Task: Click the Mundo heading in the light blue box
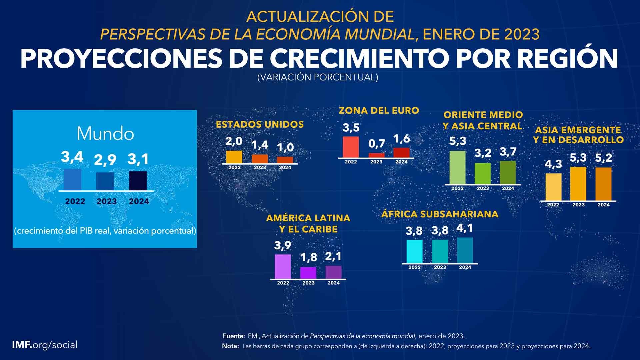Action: tap(105, 134)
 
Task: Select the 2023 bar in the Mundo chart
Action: tap(105, 181)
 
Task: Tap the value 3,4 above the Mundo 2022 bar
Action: tap(72, 157)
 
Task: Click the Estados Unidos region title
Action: tap(260, 125)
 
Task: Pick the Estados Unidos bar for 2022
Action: tap(234, 157)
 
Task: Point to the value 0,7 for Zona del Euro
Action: tap(377, 144)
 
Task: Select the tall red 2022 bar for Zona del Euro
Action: tap(351, 147)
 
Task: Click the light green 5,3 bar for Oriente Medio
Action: tap(457, 167)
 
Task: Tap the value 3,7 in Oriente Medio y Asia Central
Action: tap(508, 152)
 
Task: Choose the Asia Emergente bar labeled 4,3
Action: tap(553, 187)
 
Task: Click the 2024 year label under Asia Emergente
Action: tap(604, 205)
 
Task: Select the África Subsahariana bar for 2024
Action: tap(465, 250)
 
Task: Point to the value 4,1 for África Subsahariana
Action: tap(465, 229)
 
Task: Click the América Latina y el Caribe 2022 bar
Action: tap(283, 266)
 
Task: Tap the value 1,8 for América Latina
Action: tap(309, 258)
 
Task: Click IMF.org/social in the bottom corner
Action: tap(45, 345)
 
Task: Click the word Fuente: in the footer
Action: tap(234, 336)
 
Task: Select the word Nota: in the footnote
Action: tap(230, 346)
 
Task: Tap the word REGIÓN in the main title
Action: tap(568, 59)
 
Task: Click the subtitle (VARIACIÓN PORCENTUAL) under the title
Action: tap(318, 77)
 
